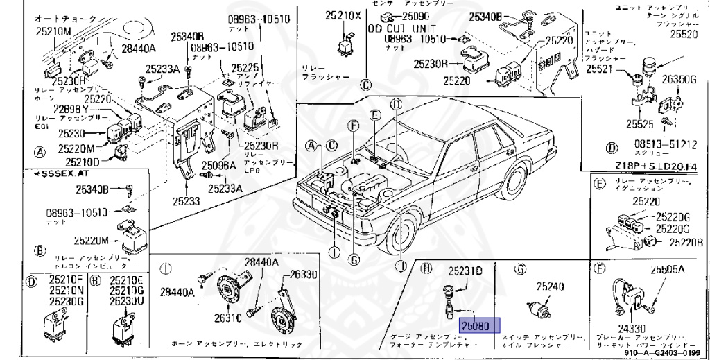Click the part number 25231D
tap(464, 270)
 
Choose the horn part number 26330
tap(303, 274)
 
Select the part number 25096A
tap(219, 165)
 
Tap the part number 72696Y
tap(71, 110)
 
